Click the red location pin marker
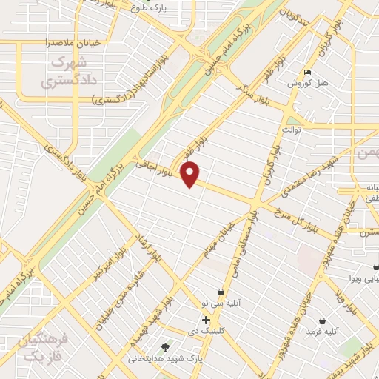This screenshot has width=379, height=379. [191, 175]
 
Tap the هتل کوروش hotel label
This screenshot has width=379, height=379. [308, 84]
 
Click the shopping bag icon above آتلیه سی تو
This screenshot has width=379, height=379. [220, 292]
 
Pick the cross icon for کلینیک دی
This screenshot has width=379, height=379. [206, 320]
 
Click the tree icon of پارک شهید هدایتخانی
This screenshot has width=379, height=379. [166, 346]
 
